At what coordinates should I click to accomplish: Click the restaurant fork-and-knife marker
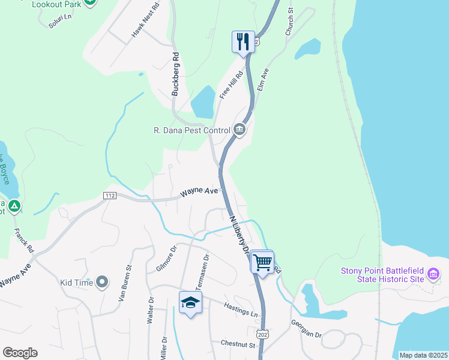pos(243,41)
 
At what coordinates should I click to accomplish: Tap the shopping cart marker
pos(262,262)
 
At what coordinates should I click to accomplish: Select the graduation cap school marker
pos(190,303)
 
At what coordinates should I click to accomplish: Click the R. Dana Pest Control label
pos(192,130)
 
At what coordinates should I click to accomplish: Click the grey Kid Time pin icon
pos(101,281)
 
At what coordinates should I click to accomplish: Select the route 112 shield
pos(109,196)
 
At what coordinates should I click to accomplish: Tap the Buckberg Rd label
pos(176,76)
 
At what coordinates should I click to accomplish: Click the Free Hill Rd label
pos(231,85)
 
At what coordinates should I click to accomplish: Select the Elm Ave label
pos(262,79)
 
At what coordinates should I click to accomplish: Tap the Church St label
pos(289,22)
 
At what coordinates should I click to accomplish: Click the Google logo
pos(20,353)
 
